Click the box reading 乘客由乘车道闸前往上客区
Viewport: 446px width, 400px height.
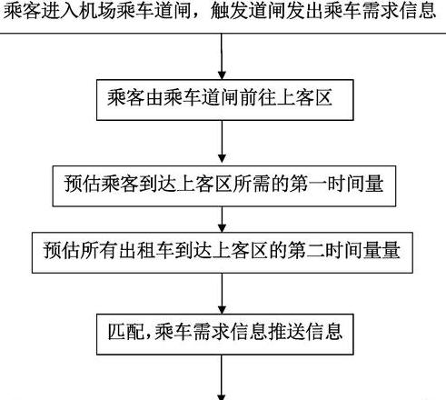pos(224,100)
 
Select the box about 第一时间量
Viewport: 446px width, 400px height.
pos(224,186)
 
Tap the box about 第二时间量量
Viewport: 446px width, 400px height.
pos(223,253)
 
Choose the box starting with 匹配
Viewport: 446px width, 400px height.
pos(224,335)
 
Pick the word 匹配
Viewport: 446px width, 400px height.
pos(126,332)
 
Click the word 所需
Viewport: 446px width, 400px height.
pos(252,184)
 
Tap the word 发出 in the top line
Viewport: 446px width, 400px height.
pos(304,11)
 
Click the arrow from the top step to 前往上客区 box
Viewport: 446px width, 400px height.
pos(222,56)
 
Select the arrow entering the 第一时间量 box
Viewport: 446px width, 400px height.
pos(222,142)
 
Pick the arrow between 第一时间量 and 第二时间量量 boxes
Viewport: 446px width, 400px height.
pos(222,220)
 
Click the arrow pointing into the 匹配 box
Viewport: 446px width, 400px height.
pos(222,294)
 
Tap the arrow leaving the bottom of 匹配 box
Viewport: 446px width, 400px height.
pos(222,377)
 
